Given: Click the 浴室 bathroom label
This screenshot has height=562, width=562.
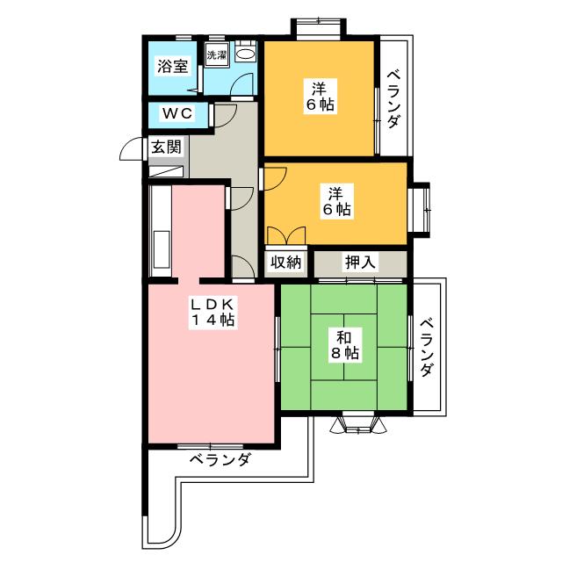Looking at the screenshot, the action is point(173,67).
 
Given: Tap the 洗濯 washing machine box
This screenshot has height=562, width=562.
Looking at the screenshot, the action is point(217,54).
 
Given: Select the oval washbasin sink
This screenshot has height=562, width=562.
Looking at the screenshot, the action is point(246,54).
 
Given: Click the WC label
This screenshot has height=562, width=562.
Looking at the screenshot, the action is point(177,113).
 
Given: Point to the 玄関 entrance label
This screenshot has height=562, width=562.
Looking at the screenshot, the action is point(166,147).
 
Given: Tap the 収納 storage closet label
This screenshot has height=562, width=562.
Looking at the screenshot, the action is point(286,263).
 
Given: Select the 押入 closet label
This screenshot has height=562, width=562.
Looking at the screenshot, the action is point(361,262).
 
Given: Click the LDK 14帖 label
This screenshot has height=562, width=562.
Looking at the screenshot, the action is point(212,312).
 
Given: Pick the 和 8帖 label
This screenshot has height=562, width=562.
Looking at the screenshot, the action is point(344,345).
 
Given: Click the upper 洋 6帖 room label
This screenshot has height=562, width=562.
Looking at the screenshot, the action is point(320,96).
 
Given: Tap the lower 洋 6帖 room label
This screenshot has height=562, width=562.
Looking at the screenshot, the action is point(337,201).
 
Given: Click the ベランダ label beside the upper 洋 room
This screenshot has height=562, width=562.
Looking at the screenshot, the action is point(393,99).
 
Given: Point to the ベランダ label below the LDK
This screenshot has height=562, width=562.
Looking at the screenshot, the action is point(220,459).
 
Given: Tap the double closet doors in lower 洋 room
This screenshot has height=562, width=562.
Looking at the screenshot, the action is point(286,235).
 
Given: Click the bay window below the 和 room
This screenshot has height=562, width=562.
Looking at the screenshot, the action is point(358,425).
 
